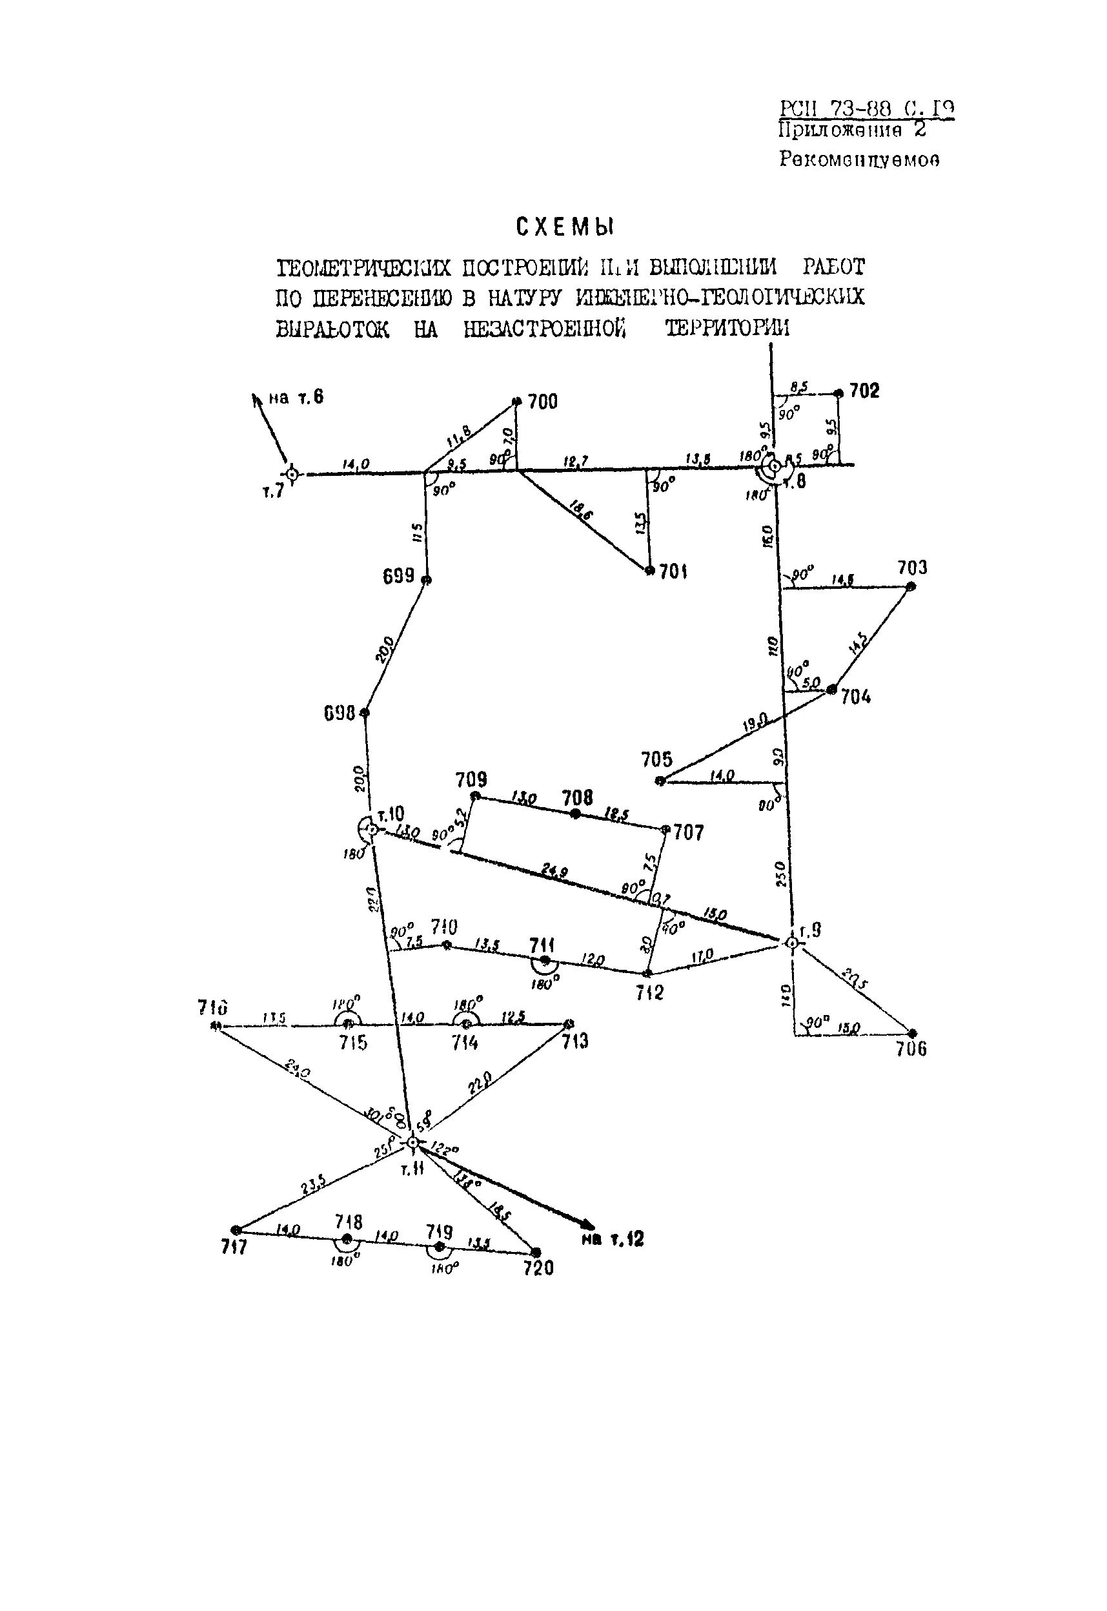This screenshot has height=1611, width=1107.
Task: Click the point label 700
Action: tap(542, 402)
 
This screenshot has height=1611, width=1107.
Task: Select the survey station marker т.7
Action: tap(292, 475)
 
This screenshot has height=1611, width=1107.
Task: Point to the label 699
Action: tap(399, 576)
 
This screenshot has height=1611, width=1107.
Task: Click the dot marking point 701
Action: tap(650, 570)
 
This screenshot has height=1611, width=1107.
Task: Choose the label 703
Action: tap(912, 568)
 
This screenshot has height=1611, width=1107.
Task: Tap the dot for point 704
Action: tap(831, 690)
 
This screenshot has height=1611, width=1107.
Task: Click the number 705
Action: tap(657, 759)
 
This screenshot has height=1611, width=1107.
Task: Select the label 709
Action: tap(471, 780)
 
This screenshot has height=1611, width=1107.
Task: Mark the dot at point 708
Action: tap(575, 814)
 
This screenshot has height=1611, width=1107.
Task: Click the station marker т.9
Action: tap(791, 943)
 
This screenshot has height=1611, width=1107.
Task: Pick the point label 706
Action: tap(911, 1049)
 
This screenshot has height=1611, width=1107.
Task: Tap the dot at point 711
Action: tap(545, 961)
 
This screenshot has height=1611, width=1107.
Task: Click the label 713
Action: tap(574, 1042)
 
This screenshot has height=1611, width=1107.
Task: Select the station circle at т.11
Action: tap(412, 1142)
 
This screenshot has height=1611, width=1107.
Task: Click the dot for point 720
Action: tap(536, 1252)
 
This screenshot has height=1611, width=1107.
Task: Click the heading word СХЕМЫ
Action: tap(566, 227)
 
